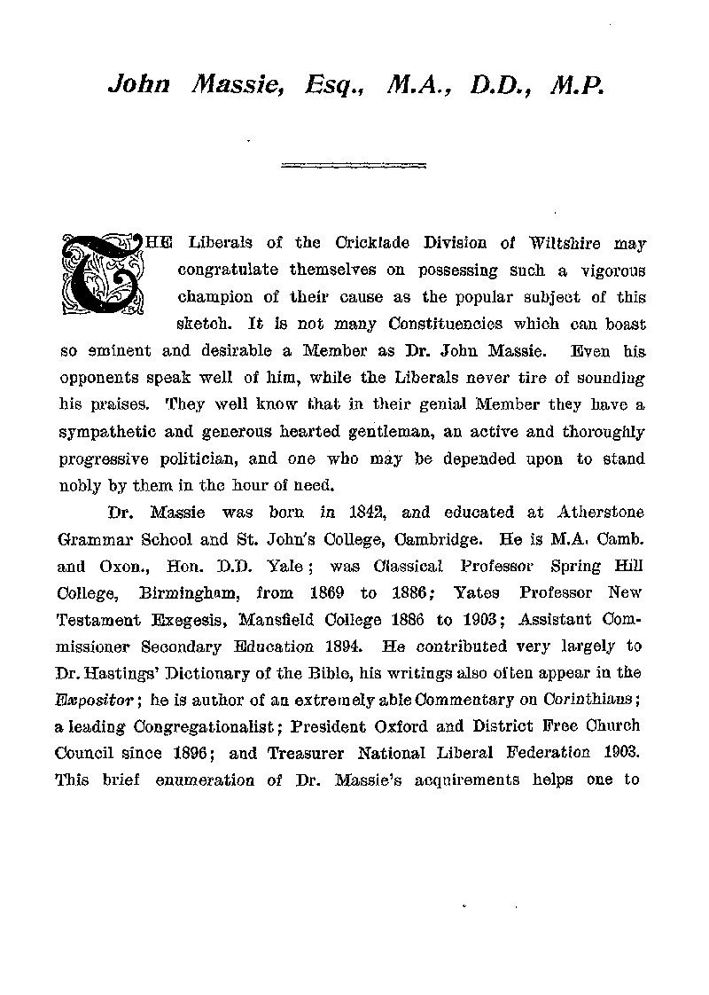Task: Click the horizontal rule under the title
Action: (x=354, y=164)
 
